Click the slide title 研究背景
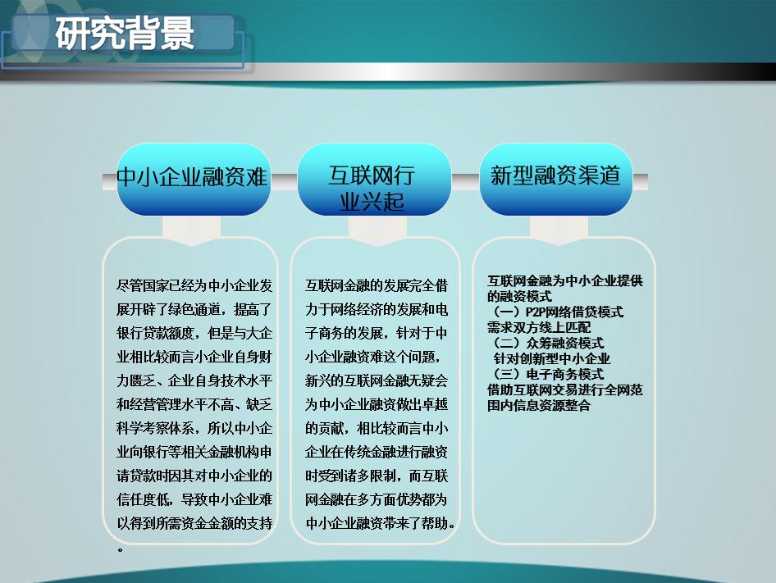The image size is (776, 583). point(126,34)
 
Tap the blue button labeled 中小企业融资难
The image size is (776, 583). point(194,178)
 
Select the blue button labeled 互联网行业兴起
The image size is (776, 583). point(373,188)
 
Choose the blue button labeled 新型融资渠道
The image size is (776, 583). point(555,175)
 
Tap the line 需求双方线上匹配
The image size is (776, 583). point(539,327)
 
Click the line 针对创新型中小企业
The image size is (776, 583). point(551,358)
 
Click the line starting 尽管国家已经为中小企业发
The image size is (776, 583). point(194,286)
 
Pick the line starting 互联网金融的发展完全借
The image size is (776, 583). point(377,286)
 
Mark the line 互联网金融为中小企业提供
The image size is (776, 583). point(565,280)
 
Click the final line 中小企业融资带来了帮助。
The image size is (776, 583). point(381,523)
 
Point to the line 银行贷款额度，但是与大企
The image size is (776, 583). point(194,334)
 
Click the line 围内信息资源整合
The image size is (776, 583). point(539,405)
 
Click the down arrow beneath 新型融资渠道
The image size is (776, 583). point(558,230)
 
